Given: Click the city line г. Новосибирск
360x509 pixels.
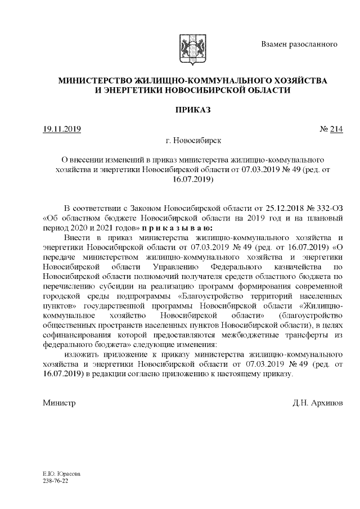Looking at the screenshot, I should click(x=190, y=139).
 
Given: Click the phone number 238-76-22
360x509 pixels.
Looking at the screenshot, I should click(x=55, y=482).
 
